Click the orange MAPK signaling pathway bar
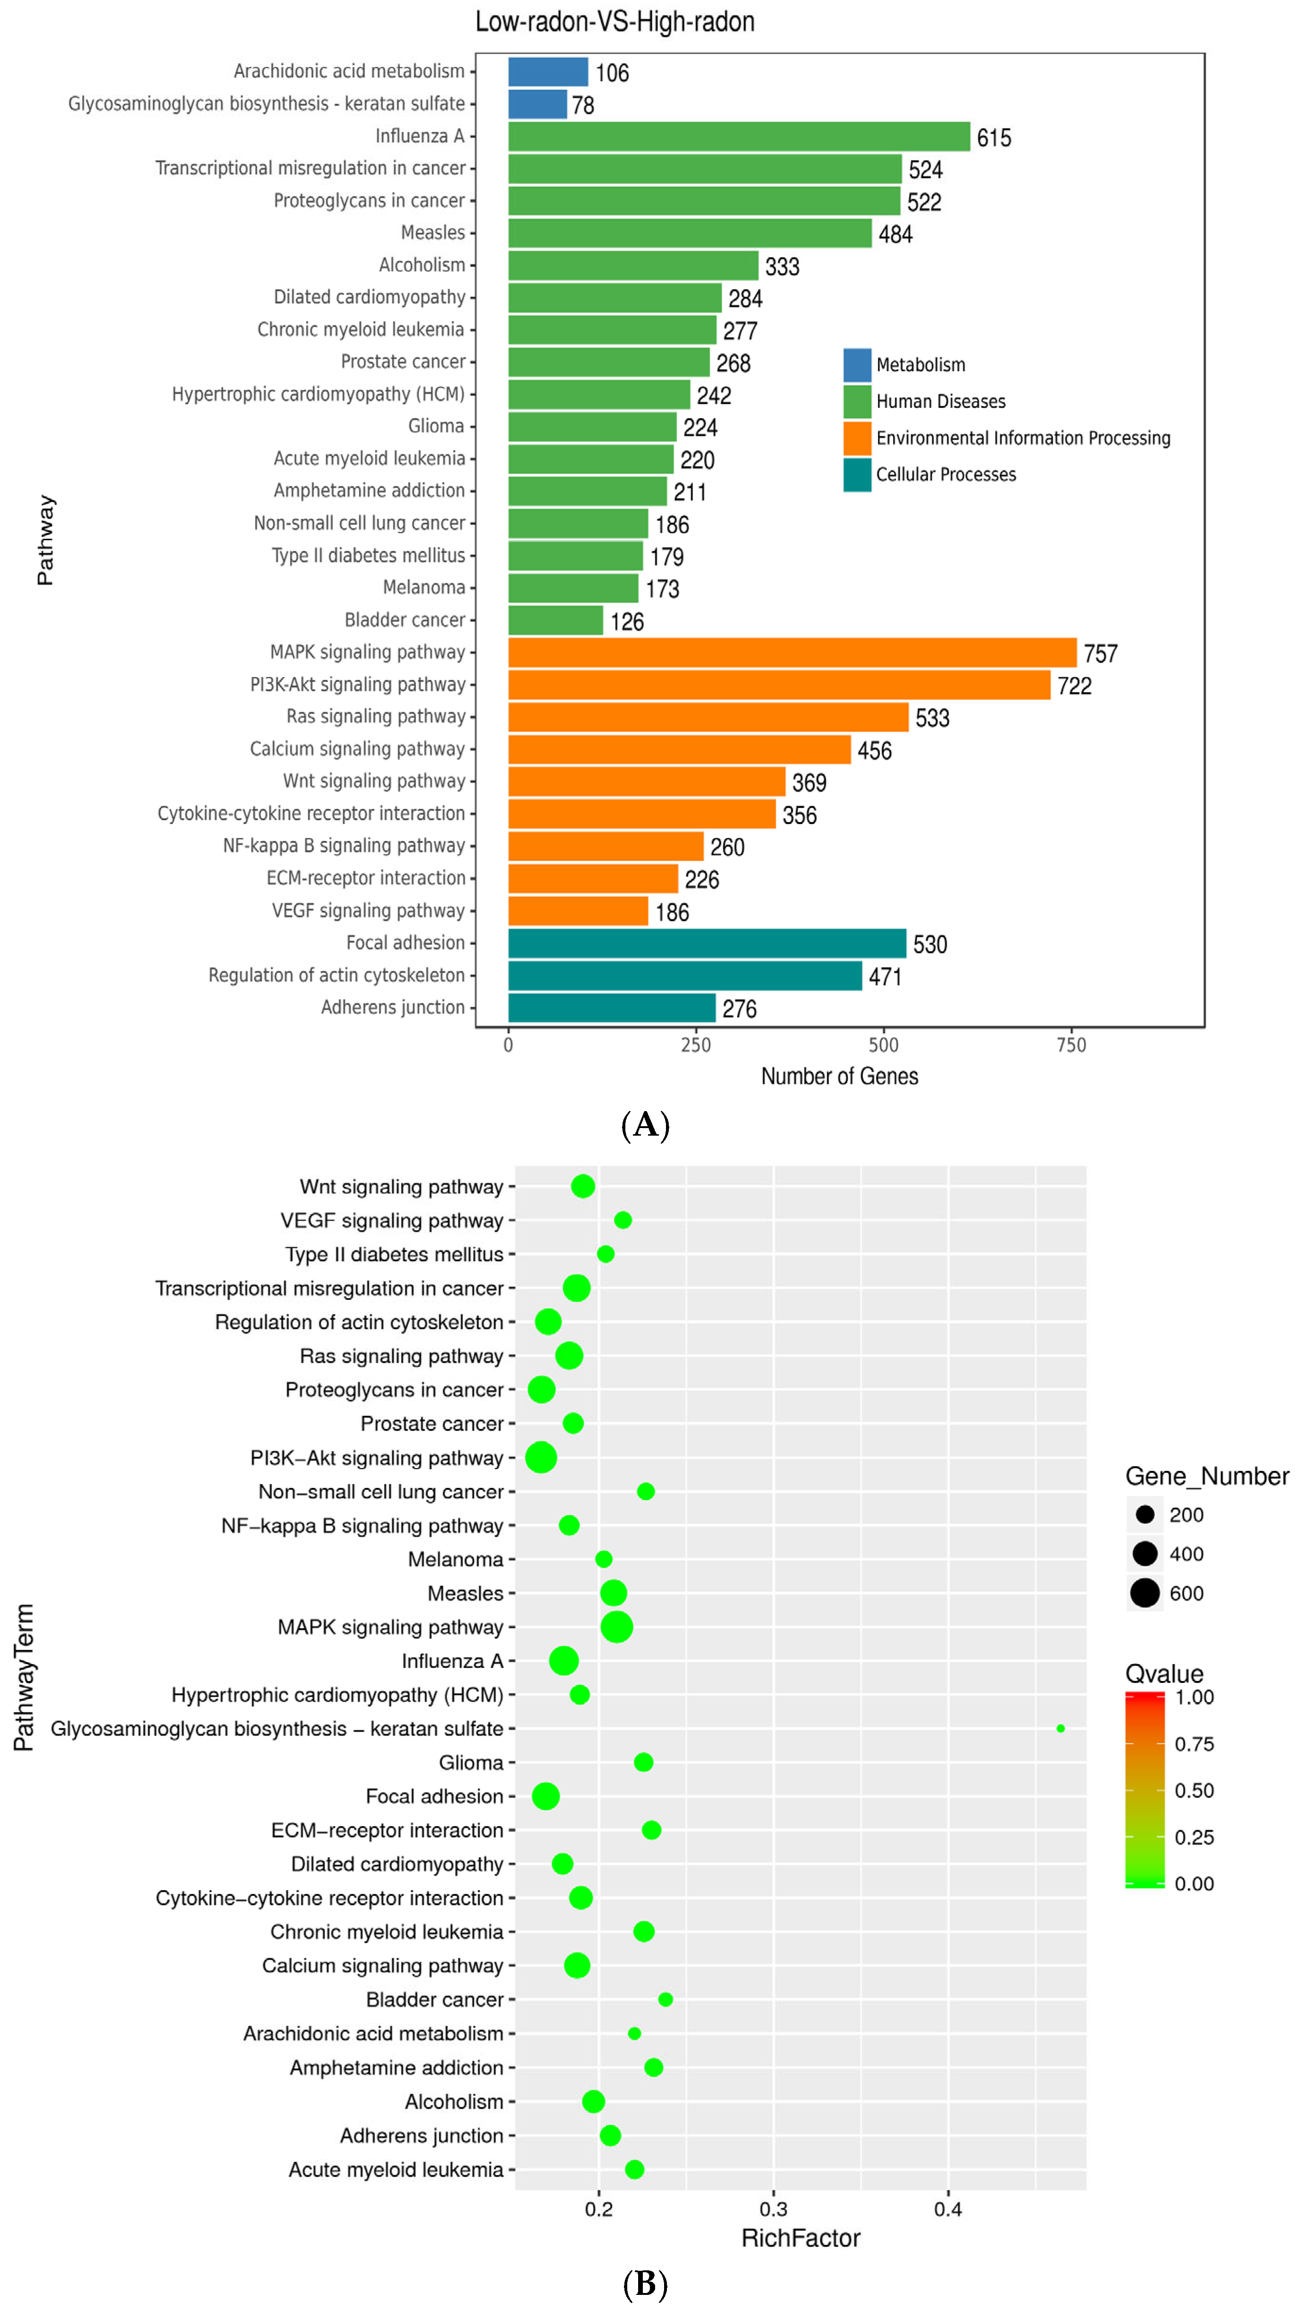(x=792, y=653)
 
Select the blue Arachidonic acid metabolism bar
(x=548, y=72)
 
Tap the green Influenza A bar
(x=739, y=136)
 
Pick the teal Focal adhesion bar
(x=707, y=943)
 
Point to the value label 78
(x=583, y=105)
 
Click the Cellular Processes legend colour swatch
(x=857, y=475)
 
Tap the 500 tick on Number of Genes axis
(x=884, y=1045)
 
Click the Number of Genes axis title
(x=839, y=1076)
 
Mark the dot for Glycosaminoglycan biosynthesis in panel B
(x=1060, y=1728)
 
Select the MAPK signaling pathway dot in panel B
(x=616, y=1627)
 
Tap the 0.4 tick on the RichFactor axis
(x=948, y=2208)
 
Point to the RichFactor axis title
(x=800, y=2238)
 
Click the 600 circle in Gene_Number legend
(x=1144, y=1593)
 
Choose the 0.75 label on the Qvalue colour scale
(x=1194, y=1743)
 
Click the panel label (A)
(x=645, y=1124)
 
